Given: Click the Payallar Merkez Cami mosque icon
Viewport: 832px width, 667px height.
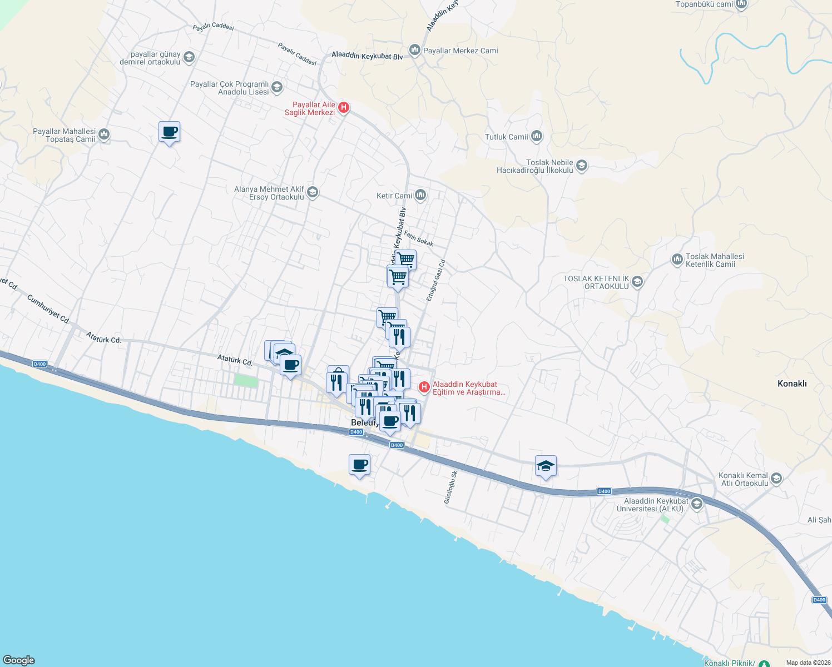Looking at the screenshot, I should [414, 51].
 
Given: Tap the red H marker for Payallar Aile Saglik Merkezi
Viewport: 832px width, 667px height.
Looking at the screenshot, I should [344, 108].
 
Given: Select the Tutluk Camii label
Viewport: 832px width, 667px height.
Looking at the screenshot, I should [507, 137].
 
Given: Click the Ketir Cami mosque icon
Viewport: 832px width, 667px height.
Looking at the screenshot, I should [420, 195].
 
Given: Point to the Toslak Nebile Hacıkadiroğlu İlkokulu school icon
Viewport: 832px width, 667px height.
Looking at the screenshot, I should [581, 166].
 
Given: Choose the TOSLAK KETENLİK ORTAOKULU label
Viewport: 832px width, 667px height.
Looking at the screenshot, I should [596, 282].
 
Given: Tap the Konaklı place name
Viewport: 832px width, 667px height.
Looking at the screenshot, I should [791, 384].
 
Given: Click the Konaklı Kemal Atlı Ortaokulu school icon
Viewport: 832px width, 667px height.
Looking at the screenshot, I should [776, 479].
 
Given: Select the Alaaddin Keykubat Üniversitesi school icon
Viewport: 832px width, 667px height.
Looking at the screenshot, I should [696, 504].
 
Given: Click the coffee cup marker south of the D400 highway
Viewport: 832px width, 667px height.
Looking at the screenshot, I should [360, 464].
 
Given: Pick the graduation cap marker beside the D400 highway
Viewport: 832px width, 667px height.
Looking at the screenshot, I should [546, 466].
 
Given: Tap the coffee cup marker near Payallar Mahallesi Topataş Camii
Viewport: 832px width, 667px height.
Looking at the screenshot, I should [169, 132].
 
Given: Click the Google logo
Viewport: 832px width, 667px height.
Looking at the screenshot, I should [19, 660].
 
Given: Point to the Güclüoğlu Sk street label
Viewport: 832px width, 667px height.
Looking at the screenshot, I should [450, 487].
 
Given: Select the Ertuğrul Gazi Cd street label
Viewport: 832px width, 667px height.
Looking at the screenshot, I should [436, 281].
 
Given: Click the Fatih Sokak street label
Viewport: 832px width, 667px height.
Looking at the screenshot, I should [418, 238].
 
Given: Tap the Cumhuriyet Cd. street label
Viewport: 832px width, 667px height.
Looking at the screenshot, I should [48, 310].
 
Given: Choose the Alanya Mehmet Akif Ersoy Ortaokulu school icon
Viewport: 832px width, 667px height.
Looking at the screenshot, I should [313, 192].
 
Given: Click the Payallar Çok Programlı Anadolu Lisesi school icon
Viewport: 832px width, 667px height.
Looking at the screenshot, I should [277, 87].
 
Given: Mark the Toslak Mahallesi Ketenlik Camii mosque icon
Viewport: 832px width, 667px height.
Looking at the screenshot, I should [677, 260].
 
